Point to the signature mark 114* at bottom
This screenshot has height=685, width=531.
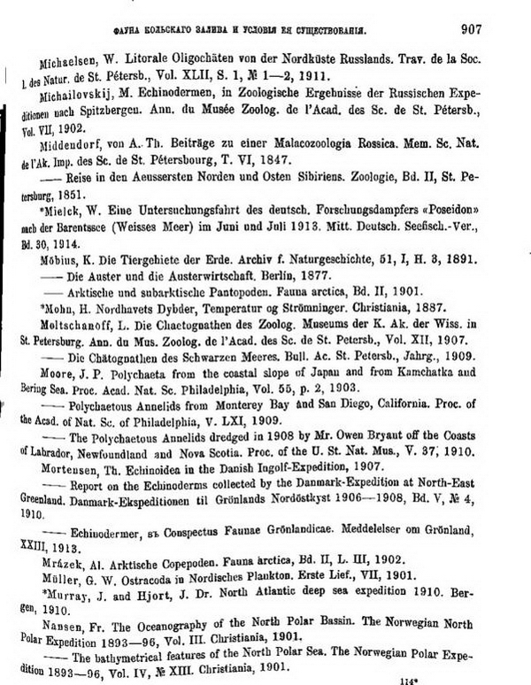408,680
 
